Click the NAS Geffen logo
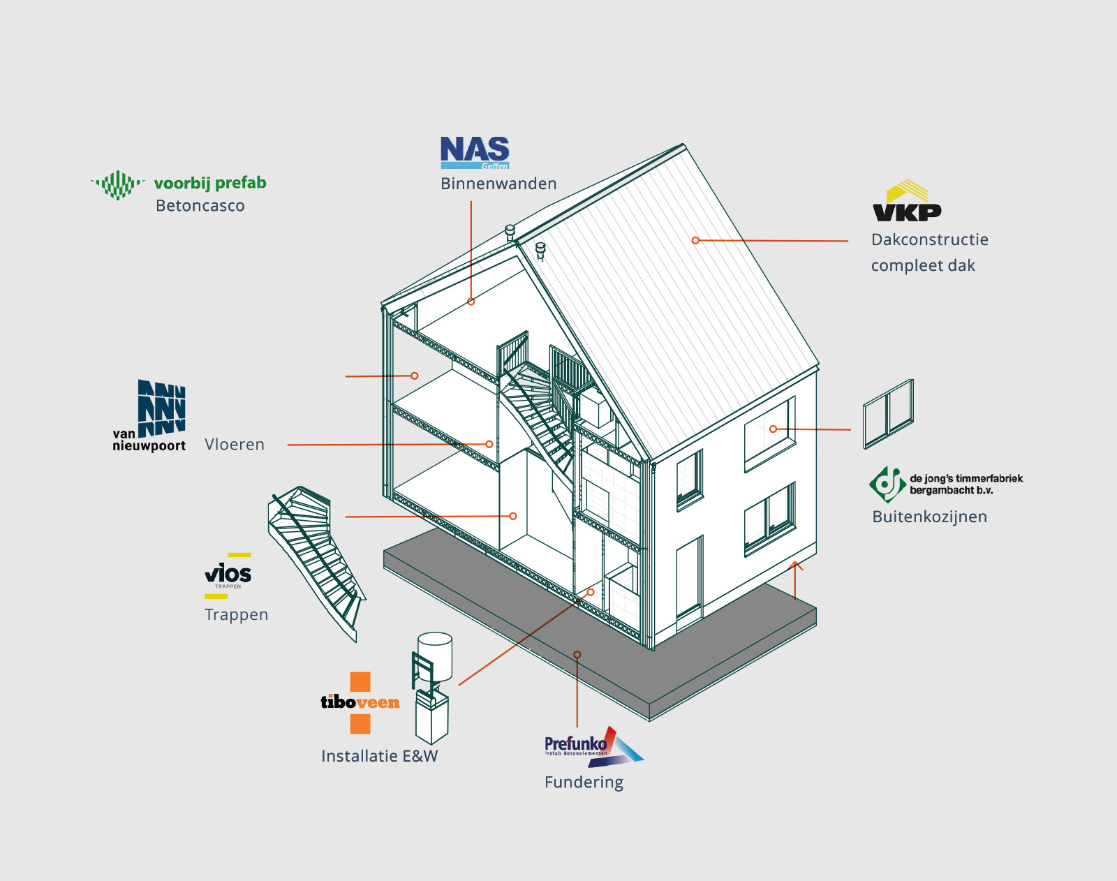(475, 152)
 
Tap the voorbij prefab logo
(179, 184)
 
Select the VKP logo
(906, 202)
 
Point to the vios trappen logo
(228, 575)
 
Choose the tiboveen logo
(360, 702)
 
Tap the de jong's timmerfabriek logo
(946, 484)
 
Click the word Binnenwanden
(498, 184)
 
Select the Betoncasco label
(200, 206)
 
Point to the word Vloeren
(235, 445)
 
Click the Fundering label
(584, 783)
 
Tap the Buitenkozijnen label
(929, 517)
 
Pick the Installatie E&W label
(379, 756)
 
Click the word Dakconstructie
(929, 240)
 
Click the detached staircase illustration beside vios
(314, 558)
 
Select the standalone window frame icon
(888, 413)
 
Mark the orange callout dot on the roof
(695, 240)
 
